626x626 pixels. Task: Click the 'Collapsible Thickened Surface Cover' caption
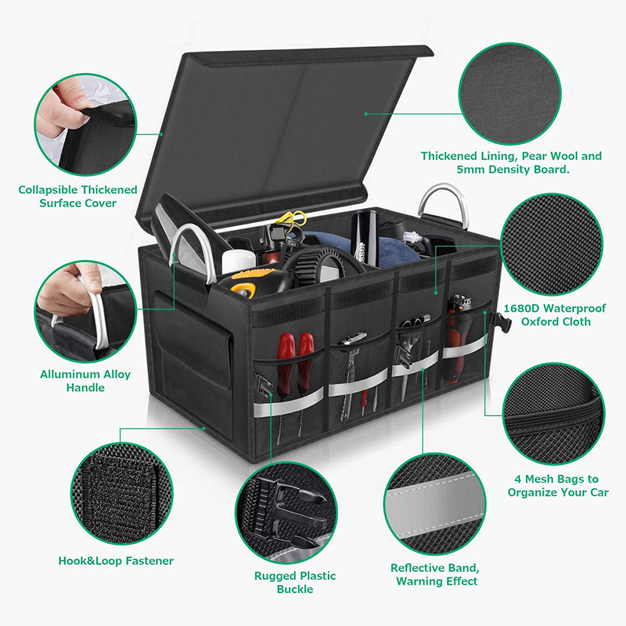click(x=77, y=196)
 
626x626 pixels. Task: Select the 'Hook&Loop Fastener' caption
click(x=116, y=560)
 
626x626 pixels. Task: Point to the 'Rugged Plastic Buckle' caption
click(x=295, y=582)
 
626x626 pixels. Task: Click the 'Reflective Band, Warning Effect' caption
click(x=436, y=574)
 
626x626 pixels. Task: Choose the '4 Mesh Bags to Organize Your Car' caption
click(x=557, y=486)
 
